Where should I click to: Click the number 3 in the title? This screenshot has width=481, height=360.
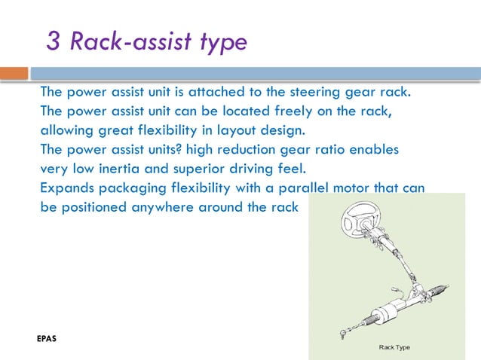pyautogui.click(x=54, y=41)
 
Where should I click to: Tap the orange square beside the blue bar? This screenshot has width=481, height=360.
pyautogui.click(x=14, y=73)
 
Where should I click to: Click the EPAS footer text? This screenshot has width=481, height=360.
pyautogui.click(x=47, y=338)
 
